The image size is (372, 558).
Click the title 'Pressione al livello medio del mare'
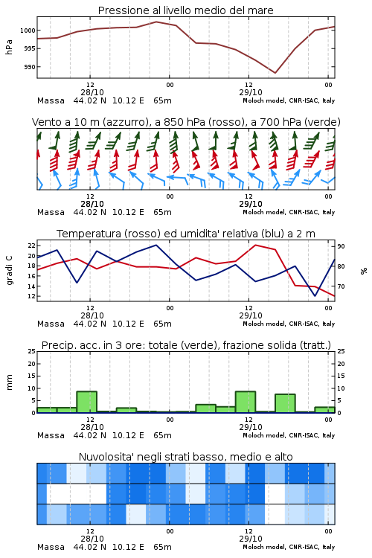click(185, 10)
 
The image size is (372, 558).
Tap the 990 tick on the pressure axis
click(30, 67)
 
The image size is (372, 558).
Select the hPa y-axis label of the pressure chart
click(9, 47)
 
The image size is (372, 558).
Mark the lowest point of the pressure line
click(275, 73)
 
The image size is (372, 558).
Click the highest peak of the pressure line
click(156, 22)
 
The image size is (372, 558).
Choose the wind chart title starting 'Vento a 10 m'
click(186, 122)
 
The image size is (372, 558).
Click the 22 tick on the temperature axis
click(32, 246)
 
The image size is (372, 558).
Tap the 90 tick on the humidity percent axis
click(341, 246)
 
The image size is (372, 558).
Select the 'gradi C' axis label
click(10, 270)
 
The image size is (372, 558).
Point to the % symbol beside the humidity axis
click(364, 271)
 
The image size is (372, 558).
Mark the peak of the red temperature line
click(255, 245)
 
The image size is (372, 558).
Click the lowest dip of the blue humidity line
click(315, 295)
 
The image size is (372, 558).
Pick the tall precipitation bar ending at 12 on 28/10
click(87, 402)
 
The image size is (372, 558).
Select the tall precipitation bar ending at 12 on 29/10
click(246, 402)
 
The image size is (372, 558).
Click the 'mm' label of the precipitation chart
click(10, 382)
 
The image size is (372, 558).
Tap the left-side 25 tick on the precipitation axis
click(32, 351)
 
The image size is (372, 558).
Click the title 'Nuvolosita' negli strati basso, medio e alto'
click(185, 457)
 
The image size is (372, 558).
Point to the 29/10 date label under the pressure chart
click(251, 92)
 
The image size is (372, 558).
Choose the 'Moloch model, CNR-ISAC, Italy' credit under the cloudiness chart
click(289, 547)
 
